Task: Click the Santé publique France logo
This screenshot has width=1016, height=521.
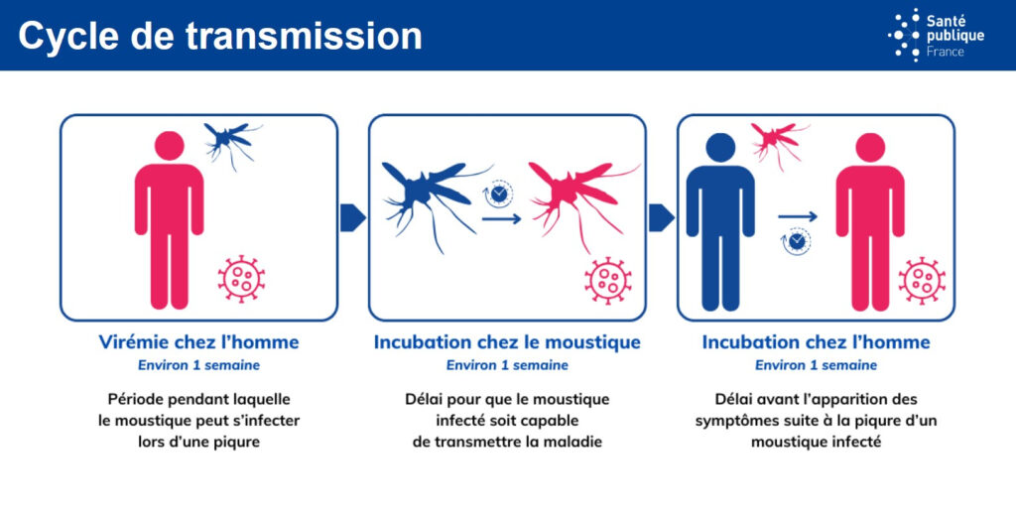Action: click(936, 35)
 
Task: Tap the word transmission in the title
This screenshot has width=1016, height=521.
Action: click(304, 36)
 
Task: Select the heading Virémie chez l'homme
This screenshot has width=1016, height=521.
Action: click(198, 342)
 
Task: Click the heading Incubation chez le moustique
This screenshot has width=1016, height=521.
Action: click(507, 342)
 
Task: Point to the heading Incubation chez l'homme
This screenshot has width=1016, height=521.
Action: click(816, 342)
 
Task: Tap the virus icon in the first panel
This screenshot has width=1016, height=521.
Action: click(241, 279)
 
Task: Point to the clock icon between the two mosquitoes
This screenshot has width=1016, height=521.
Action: click(498, 194)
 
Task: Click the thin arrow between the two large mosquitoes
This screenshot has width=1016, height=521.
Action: click(501, 219)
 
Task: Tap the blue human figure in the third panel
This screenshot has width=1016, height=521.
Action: click(720, 221)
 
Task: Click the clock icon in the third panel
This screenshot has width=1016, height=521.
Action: click(796, 241)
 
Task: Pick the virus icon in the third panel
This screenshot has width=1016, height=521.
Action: click(922, 281)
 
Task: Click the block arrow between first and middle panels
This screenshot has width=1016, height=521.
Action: click(352, 217)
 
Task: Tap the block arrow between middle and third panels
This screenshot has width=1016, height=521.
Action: click(661, 217)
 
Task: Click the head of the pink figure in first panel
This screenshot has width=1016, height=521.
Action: click(169, 146)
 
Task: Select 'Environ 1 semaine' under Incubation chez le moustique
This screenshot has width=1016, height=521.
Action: click(507, 365)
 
